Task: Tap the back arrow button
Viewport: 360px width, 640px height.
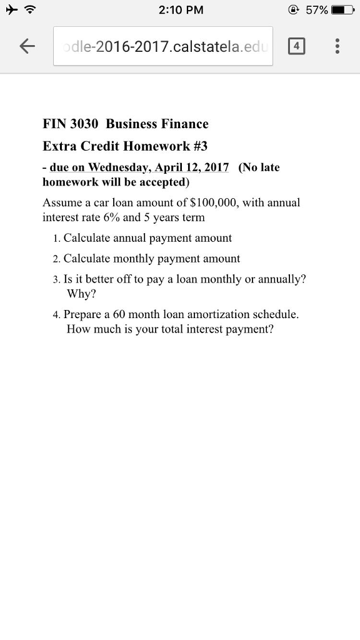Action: (x=26, y=46)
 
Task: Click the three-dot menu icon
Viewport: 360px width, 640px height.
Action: (x=337, y=46)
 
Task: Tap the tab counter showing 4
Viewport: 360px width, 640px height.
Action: (x=297, y=46)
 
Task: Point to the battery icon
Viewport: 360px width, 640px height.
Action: (x=342, y=10)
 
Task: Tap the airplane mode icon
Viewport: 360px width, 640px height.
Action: (x=11, y=9)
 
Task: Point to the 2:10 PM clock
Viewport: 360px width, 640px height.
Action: (x=181, y=10)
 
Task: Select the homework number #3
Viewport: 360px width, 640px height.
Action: (x=201, y=146)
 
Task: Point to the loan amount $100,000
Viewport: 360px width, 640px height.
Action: (x=214, y=202)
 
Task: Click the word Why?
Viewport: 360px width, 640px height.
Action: (x=79, y=294)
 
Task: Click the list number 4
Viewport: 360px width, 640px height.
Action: (x=56, y=315)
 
